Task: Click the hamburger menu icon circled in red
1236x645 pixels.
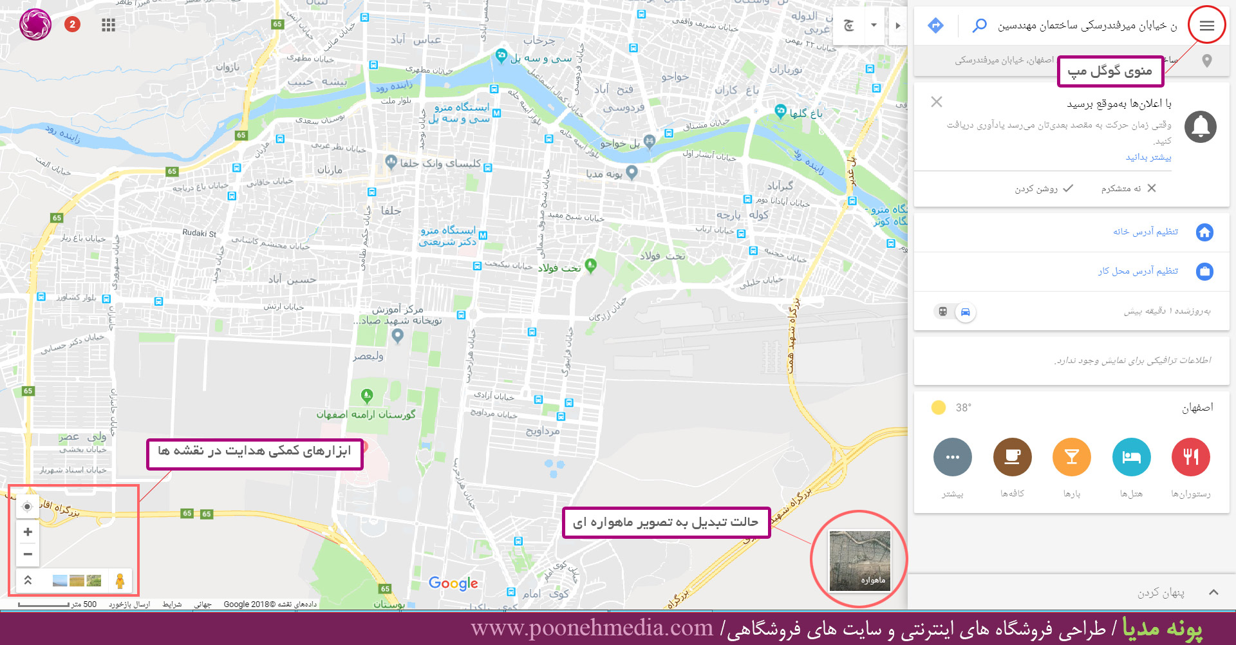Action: point(1206,26)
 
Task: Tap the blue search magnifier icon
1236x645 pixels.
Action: point(979,26)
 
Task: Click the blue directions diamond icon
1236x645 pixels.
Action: point(935,26)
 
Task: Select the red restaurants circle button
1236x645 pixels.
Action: point(1190,457)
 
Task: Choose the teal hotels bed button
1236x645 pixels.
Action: point(1131,457)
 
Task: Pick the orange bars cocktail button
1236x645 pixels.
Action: point(1071,457)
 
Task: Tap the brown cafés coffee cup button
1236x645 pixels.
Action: point(1012,457)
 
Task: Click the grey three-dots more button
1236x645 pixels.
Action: point(952,457)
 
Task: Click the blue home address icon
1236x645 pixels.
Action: point(1204,232)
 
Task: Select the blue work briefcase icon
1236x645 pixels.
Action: point(1204,272)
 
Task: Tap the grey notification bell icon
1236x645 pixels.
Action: point(1200,127)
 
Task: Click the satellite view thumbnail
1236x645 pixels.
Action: point(859,561)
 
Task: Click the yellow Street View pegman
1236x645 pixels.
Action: point(120,581)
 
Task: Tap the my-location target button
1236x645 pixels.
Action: point(27,507)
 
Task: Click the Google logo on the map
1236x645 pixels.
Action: point(453,583)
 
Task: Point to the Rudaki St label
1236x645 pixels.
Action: point(199,233)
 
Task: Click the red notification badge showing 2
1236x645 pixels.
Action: point(72,24)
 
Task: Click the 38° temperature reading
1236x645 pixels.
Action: point(963,407)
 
